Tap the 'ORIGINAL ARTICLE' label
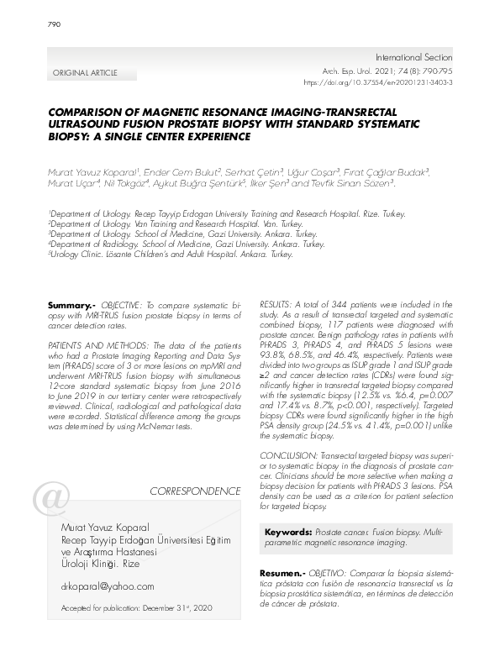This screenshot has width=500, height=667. pos(85,73)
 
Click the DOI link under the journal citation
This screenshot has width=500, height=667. pos(376,84)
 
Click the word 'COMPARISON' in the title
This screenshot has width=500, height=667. pos(82,112)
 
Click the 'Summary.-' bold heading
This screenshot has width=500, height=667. pos(73,301)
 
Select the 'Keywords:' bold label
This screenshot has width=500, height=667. pos(288,533)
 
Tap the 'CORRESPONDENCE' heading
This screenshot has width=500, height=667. pos(194,490)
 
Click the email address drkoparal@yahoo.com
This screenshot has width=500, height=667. pos(108,586)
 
